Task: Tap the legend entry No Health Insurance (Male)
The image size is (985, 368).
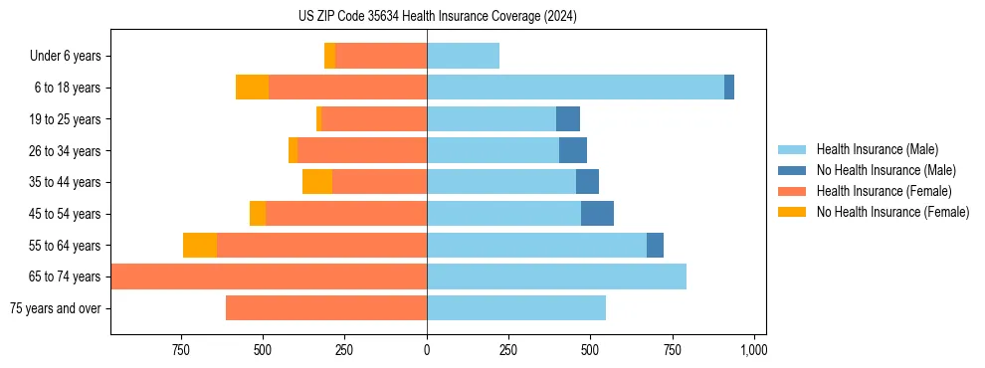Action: [886, 170]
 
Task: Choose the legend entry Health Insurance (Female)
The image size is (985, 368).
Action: [884, 191]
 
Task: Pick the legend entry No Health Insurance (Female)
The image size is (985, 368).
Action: [892, 212]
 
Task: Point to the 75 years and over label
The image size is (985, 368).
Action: [55, 308]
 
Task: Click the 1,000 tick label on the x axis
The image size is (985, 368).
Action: [753, 350]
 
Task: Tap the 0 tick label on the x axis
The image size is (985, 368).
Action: [427, 350]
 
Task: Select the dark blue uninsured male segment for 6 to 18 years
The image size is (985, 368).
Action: [729, 88]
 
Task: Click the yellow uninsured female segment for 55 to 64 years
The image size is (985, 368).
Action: [200, 246]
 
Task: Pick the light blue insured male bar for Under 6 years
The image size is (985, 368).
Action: [463, 57]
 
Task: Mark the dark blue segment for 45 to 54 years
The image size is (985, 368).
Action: [597, 214]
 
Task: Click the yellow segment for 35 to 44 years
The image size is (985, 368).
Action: [317, 182]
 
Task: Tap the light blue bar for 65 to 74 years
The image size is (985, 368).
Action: [556, 276]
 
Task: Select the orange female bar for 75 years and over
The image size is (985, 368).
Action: [326, 308]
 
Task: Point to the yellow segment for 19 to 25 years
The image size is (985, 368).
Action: [319, 119]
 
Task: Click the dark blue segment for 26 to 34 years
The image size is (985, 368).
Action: [573, 151]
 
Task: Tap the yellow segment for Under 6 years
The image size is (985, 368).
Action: [330, 57]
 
